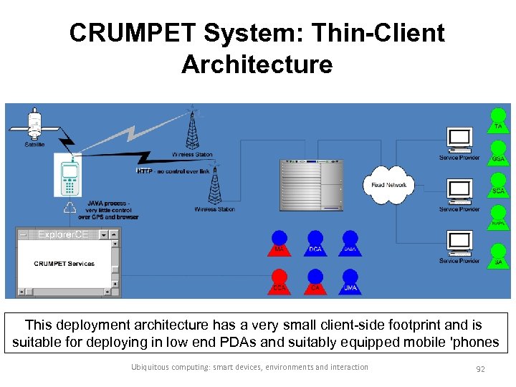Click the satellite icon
click(x=34, y=125)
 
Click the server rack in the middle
click(x=311, y=185)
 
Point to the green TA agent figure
click(x=498, y=120)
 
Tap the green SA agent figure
click(x=498, y=255)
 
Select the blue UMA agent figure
click(x=349, y=281)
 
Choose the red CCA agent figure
click(x=279, y=281)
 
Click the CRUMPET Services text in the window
click(x=64, y=264)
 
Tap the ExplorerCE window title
click(x=63, y=234)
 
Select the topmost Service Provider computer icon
click(x=459, y=139)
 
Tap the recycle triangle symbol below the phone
click(x=70, y=208)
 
